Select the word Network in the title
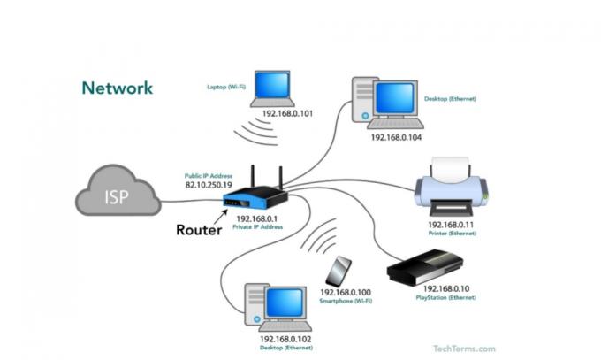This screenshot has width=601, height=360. pos(117,88)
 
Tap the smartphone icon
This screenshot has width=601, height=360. pos(339,271)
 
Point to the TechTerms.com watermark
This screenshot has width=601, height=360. pos(464,349)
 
